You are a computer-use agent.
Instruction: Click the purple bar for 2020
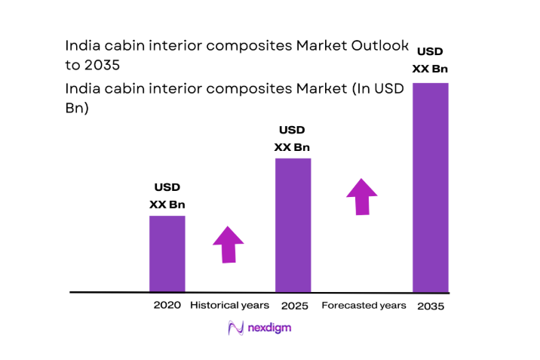(167, 254)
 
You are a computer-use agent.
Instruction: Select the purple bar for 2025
(293, 225)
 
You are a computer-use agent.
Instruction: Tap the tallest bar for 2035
(431, 187)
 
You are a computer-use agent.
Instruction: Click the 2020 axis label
(167, 306)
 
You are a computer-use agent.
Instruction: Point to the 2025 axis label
(293, 306)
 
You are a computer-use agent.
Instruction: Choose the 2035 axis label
(430, 306)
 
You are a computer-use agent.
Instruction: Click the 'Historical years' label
(229, 306)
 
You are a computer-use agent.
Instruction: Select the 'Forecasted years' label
(364, 306)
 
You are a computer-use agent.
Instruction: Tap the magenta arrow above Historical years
(228, 243)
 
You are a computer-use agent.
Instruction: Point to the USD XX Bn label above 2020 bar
(167, 195)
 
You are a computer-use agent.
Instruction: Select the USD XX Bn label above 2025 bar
(292, 138)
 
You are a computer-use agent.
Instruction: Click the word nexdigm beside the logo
(270, 328)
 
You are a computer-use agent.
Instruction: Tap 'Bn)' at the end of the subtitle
(78, 108)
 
